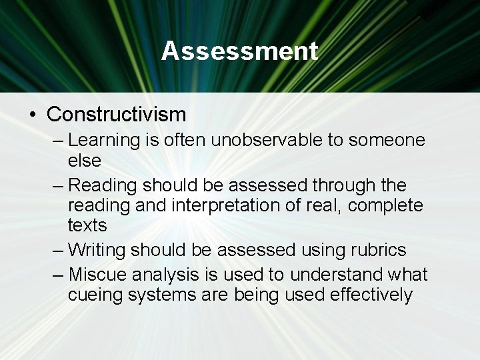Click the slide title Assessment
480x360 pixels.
click(x=240, y=51)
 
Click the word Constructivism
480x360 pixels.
click(x=116, y=114)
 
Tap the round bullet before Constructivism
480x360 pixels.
click(x=33, y=114)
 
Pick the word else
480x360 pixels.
click(x=84, y=160)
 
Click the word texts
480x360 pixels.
click(x=87, y=225)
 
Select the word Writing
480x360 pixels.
click(x=98, y=250)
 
